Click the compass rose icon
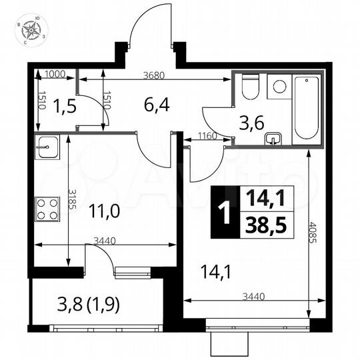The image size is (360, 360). tap(31, 31)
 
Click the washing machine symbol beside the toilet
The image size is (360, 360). tap(280, 86)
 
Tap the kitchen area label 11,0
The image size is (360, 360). tap(105, 213)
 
